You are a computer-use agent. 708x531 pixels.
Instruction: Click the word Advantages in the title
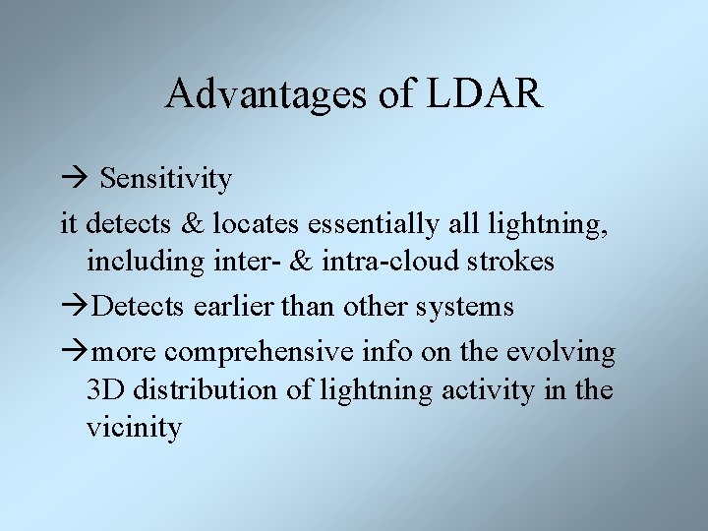(260, 93)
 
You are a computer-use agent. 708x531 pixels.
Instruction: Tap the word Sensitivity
(166, 179)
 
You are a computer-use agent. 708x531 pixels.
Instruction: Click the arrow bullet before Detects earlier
(73, 307)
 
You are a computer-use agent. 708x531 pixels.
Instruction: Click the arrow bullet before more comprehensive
(73, 351)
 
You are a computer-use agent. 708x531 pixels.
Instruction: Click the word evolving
(569, 351)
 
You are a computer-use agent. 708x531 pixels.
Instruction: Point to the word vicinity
(134, 429)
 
